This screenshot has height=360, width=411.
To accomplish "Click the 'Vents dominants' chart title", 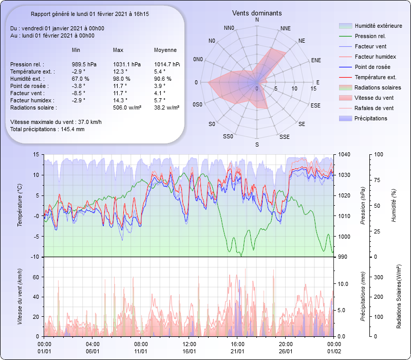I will [257, 13].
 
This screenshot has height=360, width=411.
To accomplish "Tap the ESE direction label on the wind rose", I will [316, 105].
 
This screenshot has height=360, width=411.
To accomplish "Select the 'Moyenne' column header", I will [165, 50].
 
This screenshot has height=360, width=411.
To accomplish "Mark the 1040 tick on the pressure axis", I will [344, 154].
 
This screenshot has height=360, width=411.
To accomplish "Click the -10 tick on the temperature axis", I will [35, 257].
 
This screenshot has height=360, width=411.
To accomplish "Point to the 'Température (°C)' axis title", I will [20, 205].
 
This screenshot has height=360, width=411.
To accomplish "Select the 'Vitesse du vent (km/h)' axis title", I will [20, 297].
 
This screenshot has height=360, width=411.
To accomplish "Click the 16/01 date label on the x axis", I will [190, 351].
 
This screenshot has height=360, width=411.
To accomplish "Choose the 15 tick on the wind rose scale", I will [313, 88].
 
